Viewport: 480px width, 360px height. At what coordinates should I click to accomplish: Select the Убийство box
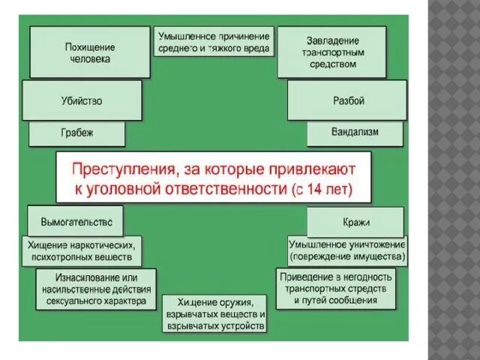tap(82, 100)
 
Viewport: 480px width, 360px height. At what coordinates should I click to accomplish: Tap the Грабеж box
tap(77, 134)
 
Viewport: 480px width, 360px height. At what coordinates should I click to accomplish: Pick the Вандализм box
tap(355, 133)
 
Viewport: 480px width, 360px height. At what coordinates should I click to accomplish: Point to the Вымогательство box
tap(75, 221)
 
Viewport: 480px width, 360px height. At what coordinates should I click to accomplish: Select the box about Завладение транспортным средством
tap(332, 52)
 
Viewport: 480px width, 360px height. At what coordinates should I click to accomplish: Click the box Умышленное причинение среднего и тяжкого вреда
tap(214, 42)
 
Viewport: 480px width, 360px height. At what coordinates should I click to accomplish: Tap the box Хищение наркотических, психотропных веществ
tap(83, 250)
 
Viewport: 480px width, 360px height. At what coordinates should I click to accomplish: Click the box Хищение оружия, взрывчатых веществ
tap(214, 313)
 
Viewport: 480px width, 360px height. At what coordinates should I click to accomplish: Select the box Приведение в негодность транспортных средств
tap(335, 289)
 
